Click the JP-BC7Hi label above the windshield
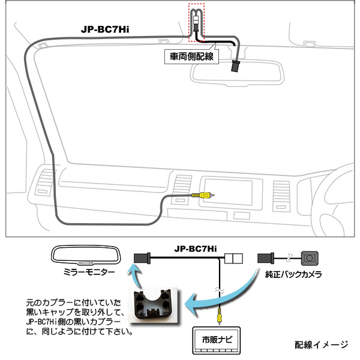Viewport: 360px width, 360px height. [x=106, y=28]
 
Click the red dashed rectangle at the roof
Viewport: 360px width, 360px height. [x=197, y=22]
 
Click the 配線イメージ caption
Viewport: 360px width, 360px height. [x=321, y=345]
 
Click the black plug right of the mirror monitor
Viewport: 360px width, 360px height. [x=143, y=258]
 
